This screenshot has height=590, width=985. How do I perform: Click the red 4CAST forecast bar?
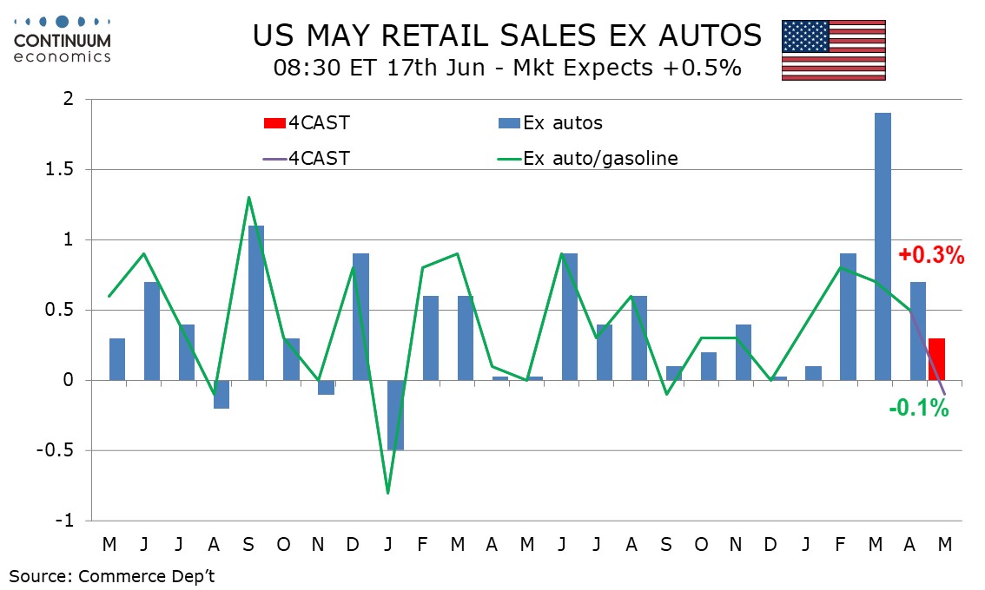pyautogui.click(x=936, y=359)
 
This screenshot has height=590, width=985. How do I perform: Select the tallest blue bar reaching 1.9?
pyautogui.click(x=883, y=246)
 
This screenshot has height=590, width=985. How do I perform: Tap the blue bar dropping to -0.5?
pyautogui.click(x=395, y=415)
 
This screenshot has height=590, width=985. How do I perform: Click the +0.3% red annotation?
pyautogui.click(x=931, y=255)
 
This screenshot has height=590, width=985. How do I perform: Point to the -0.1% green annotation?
pyautogui.click(x=918, y=409)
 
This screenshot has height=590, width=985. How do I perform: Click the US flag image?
pyautogui.click(x=834, y=50)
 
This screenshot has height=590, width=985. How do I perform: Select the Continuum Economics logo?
pyautogui.click(x=62, y=39)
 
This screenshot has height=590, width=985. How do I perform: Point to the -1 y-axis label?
pyautogui.click(x=64, y=521)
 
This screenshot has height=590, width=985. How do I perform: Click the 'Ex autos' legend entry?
pyautogui.click(x=551, y=123)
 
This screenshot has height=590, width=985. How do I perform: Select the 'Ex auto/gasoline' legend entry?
pyautogui.click(x=587, y=158)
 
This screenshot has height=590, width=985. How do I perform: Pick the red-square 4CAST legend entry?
pyautogui.click(x=307, y=123)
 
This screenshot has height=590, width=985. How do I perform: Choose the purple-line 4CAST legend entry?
pyautogui.click(x=307, y=158)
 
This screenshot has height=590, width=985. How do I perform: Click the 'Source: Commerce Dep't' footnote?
pyautogui.click(x=112, y=576)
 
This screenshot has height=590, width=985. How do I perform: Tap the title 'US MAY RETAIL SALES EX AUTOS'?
pyautogui.click(x=507, y=36)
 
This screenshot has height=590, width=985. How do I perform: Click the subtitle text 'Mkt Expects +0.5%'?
pyautogui.click(x=627, y=68)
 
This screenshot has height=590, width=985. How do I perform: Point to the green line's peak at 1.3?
pyautogui.click(x=249, y=197)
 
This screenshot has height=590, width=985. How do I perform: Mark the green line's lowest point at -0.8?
pyautogui.click(x=387, y=493)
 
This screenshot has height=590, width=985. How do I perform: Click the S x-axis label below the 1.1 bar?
pyautogui.click(x=248, y=544)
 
